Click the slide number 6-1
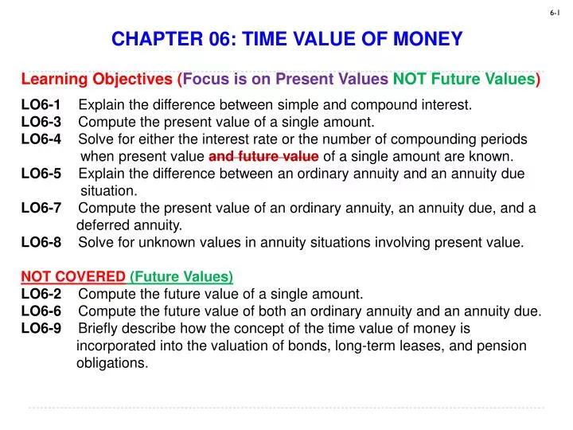(555, 14)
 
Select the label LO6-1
(41, 104)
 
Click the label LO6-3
(41, 122)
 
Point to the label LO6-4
(41, 139)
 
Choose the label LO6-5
(41, 174)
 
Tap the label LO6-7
(41, 209)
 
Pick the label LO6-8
(41, 243)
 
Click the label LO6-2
(41, 294)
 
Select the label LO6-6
(41, 311)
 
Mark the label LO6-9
(41, 329)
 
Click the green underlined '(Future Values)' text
(181, 277)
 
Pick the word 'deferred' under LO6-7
(101, 225)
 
